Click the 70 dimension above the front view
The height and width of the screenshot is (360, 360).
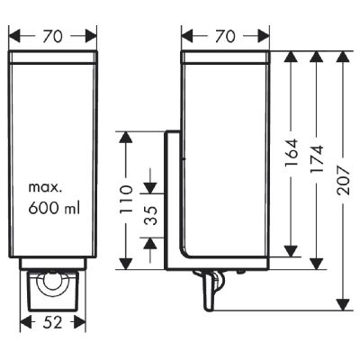pyautogui.click(x=52, y=37)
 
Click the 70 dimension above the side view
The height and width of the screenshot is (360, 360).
pyautogui.click(x=225, y=37)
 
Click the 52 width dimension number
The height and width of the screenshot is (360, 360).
pyautogui.click(x=52, y=321)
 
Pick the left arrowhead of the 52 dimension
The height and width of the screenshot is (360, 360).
pyautogui.click(x=26, y=321)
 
